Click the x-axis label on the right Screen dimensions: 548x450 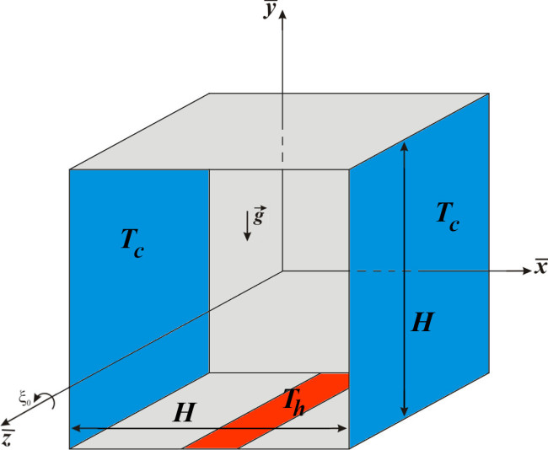541,266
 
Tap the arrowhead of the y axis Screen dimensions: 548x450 282,15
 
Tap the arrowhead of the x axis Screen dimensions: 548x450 526,271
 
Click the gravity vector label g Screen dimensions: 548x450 258,216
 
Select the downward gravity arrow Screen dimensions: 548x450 247,226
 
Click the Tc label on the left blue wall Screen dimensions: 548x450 132,243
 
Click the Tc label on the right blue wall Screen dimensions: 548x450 448,217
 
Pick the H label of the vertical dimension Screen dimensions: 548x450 422,322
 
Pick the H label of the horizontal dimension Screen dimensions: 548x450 184,413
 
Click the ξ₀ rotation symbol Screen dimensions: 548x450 25,399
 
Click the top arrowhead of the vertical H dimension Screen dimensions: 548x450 405,146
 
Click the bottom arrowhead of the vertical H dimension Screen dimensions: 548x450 405,411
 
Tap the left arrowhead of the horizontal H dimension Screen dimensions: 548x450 77,428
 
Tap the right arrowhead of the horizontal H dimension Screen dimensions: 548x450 341,428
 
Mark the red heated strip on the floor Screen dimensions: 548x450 266,411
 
